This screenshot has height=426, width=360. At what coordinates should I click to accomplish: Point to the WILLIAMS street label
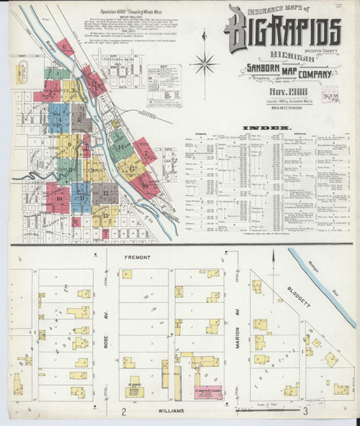click(165, 410)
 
